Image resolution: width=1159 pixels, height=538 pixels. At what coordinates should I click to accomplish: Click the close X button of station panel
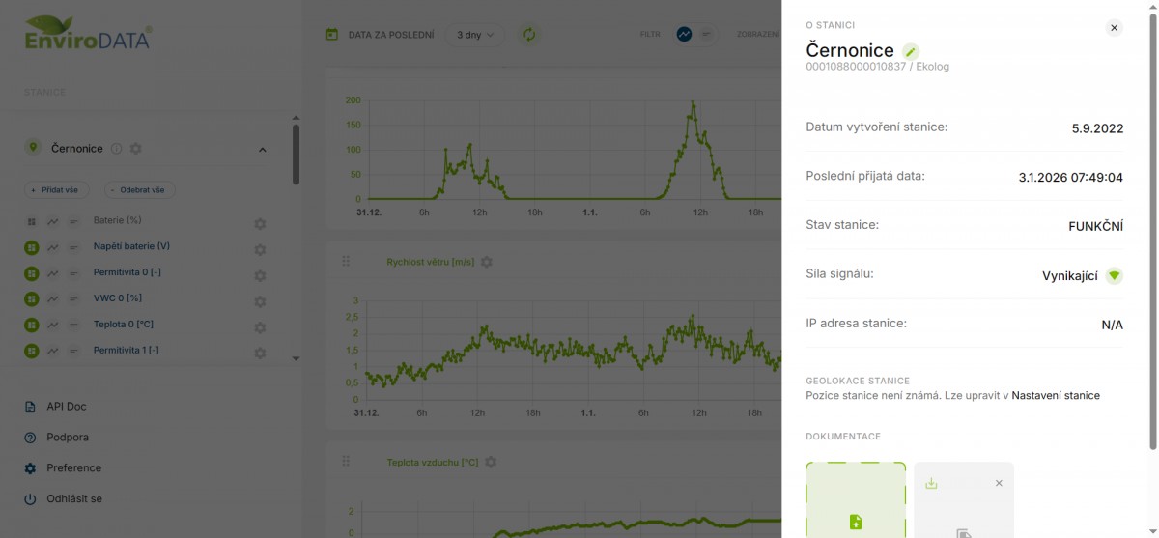(1114, 28)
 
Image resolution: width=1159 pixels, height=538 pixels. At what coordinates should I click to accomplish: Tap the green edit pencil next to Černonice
(911, 51)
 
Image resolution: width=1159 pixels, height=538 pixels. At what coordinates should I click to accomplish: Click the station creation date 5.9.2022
(1097, 127)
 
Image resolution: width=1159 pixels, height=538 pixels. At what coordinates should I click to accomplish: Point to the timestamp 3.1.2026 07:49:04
(1070, 177)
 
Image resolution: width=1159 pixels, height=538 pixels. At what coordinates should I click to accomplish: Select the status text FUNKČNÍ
(1095, 226)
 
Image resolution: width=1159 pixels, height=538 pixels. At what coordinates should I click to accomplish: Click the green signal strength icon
(1114, 275)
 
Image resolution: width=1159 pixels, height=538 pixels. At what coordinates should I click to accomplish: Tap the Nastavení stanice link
(1055, 395)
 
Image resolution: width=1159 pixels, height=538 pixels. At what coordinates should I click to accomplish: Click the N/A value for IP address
(1112, 325)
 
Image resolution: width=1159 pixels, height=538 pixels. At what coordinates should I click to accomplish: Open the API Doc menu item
(66, 407)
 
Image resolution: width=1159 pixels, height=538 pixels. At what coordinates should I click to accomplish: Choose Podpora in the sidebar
(67, 438)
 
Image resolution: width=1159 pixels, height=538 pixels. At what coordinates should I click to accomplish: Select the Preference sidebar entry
(73, 468)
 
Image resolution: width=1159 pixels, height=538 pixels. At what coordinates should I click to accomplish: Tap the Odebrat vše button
(140, 190)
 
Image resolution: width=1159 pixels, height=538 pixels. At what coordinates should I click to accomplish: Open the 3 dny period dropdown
(474, 35)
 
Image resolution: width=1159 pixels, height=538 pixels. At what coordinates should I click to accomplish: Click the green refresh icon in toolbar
(529, 35)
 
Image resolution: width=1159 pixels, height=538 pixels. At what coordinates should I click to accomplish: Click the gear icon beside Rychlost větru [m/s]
(487, 262)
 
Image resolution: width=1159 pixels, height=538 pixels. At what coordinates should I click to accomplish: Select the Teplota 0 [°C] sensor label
(124, 325)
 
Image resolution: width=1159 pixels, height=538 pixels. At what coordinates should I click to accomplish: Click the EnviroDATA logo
(87, 33)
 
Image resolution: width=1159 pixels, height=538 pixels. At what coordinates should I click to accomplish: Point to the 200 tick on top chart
(353, 100)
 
